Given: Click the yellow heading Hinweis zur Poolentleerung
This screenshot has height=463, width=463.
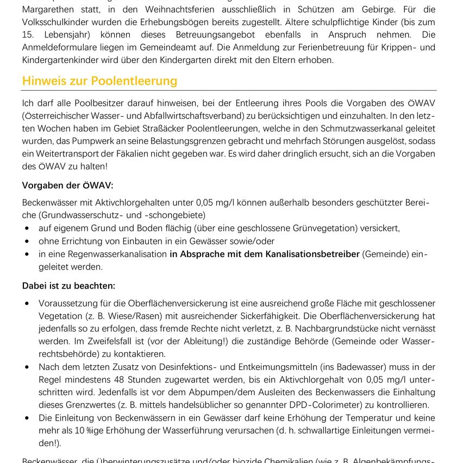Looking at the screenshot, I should (x=99, y=81).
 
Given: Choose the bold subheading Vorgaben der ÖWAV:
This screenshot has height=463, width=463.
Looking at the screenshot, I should (x=68, y=185).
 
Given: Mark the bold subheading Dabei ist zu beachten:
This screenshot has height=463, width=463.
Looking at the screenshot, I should (x=68, y=285).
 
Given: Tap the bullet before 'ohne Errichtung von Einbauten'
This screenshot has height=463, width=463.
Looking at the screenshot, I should (x=27, y=241).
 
